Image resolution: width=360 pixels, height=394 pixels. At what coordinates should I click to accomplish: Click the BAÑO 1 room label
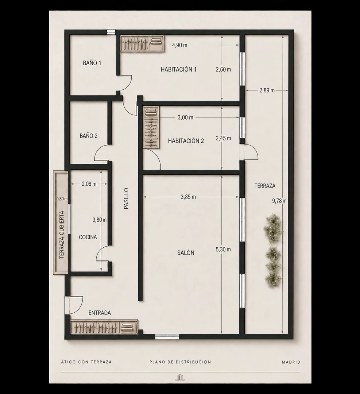(92, 63)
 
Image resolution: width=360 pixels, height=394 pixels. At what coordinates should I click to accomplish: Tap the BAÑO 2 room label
(88, 136)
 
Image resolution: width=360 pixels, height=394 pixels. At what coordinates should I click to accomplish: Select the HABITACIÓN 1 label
(179, 69)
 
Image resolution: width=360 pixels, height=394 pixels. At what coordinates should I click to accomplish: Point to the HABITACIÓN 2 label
(186, 141)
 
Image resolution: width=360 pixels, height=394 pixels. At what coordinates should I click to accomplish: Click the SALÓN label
(186, 253)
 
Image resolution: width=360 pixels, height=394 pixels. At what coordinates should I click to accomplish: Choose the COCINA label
(88, 237)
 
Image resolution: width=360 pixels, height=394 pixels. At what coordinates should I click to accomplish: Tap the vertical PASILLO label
(126, 198)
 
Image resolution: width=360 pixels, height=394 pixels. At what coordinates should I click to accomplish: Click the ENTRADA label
(100, 313)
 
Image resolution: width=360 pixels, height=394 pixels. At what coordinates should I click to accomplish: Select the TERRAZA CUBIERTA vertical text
(62, 235)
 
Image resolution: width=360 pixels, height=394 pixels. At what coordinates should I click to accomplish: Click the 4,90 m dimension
(179, 45)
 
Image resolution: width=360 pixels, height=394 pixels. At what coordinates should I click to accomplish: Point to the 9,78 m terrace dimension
(279, 201)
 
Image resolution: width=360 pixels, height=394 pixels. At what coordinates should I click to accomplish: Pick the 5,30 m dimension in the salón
(223, 250)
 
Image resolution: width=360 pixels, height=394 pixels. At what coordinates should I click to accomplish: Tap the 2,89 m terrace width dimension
(267, 90)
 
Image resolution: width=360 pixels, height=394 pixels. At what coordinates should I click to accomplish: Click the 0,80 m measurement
(62, 199)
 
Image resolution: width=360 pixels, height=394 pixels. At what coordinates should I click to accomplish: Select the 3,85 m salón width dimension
(188, 197)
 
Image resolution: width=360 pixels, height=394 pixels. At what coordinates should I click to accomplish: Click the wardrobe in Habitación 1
(142, 43)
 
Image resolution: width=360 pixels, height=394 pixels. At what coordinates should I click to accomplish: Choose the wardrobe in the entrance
(104, 327)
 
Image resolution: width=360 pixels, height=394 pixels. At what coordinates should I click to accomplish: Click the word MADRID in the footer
(291, 362)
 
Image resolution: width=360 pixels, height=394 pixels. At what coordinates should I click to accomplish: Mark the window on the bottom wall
(167, 337)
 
